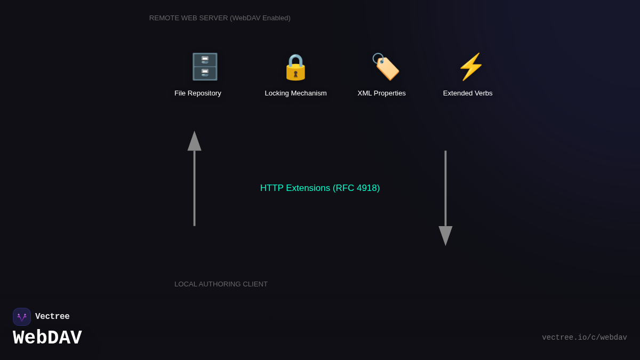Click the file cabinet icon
click(x=205, y=67)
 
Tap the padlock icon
click(x=295, y=67)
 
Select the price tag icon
click(x=386, y=67)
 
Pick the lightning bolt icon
click(x=470, y=67)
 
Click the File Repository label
click(x=198, y=93)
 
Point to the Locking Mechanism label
click(x=295, y=93)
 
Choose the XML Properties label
click(x=381, y=93)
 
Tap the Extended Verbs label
click(x=468, y=93)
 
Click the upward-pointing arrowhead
click(x=194, y=141)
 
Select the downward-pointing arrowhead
click(x=445, y=235)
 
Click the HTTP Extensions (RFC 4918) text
click(x=320, y=188)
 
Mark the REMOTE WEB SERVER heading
click(x=188, y=18)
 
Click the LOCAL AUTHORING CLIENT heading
click(x=221, y=284)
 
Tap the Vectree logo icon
click(x=22, y=317)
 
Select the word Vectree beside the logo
click(x=52, y=317)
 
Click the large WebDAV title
click(x=47, y=338)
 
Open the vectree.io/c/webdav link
click(x=584, y=338)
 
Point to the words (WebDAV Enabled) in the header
click(x=260, y=18)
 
